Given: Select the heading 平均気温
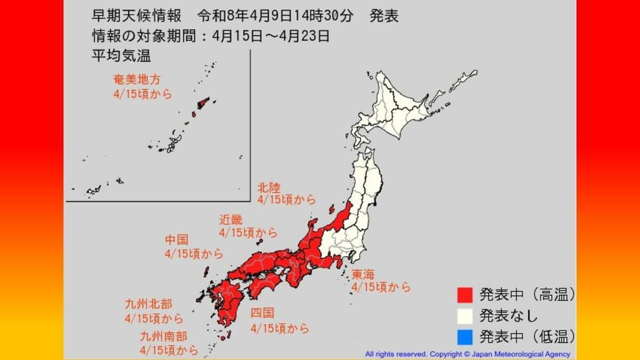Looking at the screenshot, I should pos(114,55).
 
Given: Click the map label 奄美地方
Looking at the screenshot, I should pos(136,79).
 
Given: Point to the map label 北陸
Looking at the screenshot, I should pos(268,187).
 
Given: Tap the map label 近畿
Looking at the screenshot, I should pos(230,220).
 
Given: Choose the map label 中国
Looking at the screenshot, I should pos(177,241).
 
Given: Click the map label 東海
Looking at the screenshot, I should pos(363,274).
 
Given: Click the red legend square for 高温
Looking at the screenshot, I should pos(465,294).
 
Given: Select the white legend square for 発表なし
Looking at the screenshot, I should pos(465,315).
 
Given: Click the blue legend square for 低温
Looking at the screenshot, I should pos(465,336).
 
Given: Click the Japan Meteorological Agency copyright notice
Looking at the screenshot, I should pos(467,354).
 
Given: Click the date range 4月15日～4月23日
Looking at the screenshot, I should pos(270,36).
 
